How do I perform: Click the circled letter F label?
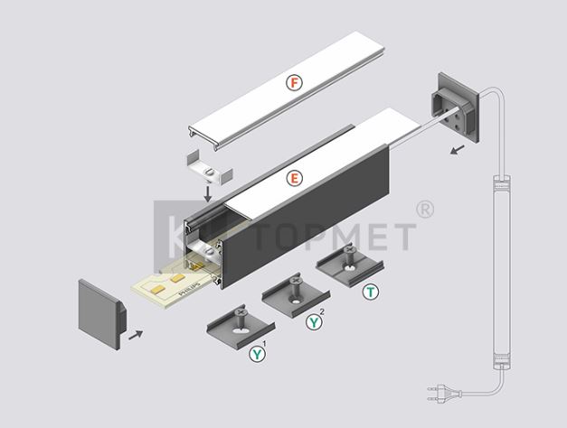tap(294, 83)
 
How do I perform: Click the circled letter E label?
tap(294, 179)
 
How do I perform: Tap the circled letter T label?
tap(371, 292)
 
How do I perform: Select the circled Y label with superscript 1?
tap(257, 354)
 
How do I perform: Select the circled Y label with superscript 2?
tap(314, 321)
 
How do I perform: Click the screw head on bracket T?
tap(349, 249)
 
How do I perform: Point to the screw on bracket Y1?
tap(241, 317)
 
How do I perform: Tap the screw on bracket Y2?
tap(296, 285)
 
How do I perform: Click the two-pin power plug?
tap(444, 394)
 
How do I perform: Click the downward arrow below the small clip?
tap(208, 194)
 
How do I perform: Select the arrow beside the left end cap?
tap(136, 335)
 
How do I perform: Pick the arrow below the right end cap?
tap(458, 149)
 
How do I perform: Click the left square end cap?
tap(102, 314)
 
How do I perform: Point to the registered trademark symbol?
tap(425, 209)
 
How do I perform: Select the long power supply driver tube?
tap(503, 272)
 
